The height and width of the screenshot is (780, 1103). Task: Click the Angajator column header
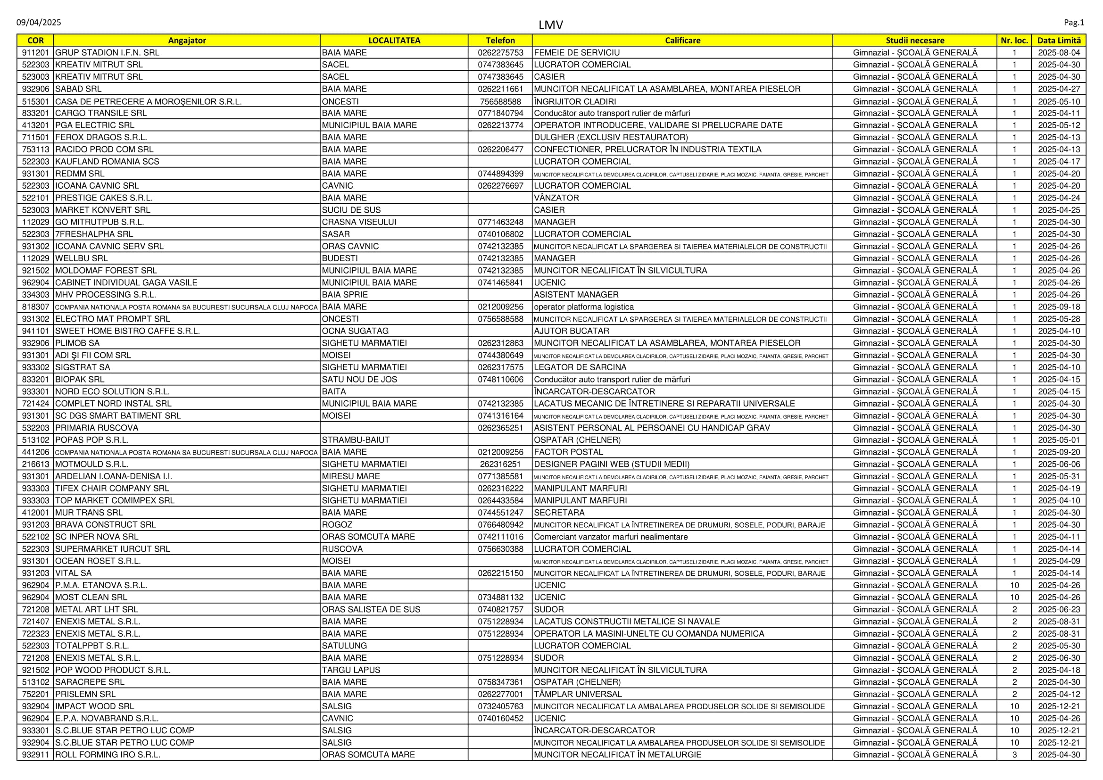pyautogui.click(x=186, y=41)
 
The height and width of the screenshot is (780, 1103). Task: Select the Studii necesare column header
pyautogui.click(x=915, y=41)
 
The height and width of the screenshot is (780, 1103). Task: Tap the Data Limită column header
pyautogui.click(x=1059, y=41)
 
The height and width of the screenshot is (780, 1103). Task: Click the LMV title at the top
pyautogui.click(x=550, y=25)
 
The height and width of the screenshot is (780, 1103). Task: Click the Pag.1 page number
pyautogui.click(x=1074, y=23)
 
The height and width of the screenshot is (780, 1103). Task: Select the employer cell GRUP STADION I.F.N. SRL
pyautogui.click(x=107, y=53)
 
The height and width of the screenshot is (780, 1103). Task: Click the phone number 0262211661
pyautogui.click(x=500, y=89)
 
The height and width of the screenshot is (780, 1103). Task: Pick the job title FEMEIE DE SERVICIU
pyautogui.click(x=576, y=53)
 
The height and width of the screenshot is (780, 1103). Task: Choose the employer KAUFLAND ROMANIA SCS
pyautogui.click(x=107, y=161)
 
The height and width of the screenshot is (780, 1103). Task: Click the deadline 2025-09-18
pyautogui.click(x=1059, y=307)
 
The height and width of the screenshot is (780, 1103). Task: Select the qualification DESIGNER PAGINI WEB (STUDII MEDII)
pyautogui.click(x=612, y=464)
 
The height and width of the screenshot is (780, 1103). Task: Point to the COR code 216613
pyautogui.click(x=35, y=464)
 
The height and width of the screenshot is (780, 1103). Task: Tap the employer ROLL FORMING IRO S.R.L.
pyautogui.click(x=108, y=755)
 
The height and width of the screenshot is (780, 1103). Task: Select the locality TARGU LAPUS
pyautogui.click(x=351, y=670)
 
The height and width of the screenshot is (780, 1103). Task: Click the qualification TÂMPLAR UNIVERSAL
pyautogui.click(x=578, y=694)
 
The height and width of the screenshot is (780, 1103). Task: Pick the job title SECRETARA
pyautogui.click(x=559, y=513)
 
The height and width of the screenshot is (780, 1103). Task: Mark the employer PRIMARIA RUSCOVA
pyautogui.click(x=97, y=428)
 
